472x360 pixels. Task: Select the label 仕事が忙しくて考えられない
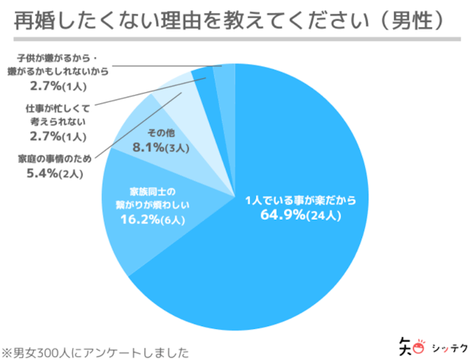(56, 115)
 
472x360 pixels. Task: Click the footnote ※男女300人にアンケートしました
(96, 351)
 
